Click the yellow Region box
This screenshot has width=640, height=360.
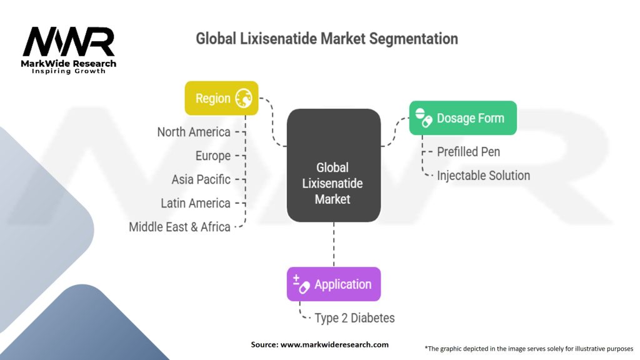pyautogui.click(x=222, y=98)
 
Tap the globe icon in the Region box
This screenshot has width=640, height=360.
pyautogui.click(x=244, y=98)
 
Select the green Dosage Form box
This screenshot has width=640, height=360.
pyautogui.click(x=463, y=118)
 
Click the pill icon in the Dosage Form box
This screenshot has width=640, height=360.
pyautogui.click(x=423, y=117)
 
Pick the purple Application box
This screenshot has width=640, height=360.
pyautogui.click(x=334, y=284)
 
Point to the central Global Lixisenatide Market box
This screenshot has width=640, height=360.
pyautogui.click(x=334, y=165)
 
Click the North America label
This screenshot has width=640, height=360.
pyautogui.click(x=194, y=132)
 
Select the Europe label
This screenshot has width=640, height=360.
pyautogui.click(x=213, y=156)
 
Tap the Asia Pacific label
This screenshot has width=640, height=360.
pyautogui.click(x=201, y=179)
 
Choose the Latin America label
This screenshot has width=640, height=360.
pyautogui.click(x=196, y=203)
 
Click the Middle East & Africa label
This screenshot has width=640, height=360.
pyautogui.click(x=179, y=227)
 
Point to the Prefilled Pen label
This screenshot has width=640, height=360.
pyautogui.click(x=469, y=152)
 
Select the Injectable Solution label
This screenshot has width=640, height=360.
pyautogui.click(x=484, y=176)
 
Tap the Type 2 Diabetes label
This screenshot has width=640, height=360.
pyautogui.click(x=355, y=318)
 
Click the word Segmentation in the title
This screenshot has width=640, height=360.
pyautogui.click(x=414, y=39)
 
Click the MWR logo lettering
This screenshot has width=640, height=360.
pyautogui.click(x=69, y=41)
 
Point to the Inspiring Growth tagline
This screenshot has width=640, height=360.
pyautogui.click(x=69, y=71)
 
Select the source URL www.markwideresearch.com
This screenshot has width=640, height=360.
pyautogui.click(x=334, y=344)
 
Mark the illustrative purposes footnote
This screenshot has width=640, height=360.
pyautogui.click(x=529, y=349)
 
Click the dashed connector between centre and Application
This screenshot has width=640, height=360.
pyautogui.click(x=334, y=244)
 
